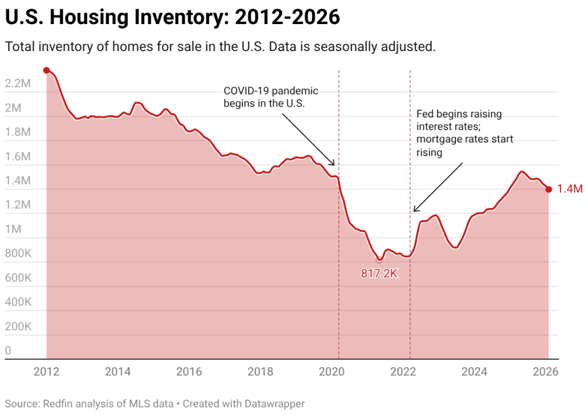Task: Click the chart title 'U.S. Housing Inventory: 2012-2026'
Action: coord(172,18)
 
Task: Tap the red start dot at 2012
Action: coord(47,70)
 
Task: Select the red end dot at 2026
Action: coord(548,189)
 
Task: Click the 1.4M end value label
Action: coord(570,189)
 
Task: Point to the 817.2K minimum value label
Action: coord(380,273)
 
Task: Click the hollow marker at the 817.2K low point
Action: coord(378,260)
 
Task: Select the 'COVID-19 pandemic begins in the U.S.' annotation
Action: coord(270,97)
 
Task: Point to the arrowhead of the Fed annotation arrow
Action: coord(413,211)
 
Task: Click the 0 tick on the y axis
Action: coord(8,350)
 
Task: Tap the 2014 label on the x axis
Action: coord(118,372)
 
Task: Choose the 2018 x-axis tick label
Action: coord(260,372)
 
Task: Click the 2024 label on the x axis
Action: coord(474,372)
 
